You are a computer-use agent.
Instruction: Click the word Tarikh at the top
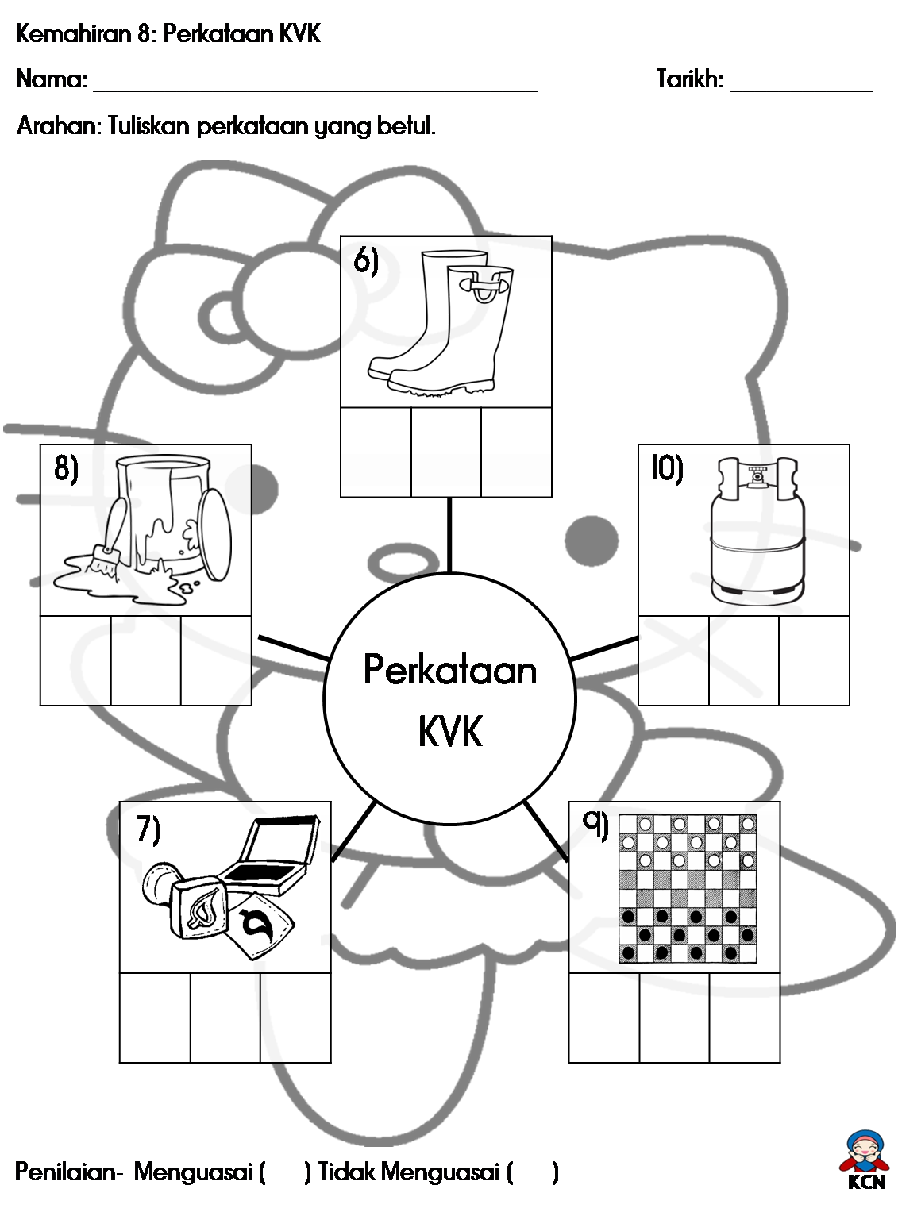click(x=689, y=79)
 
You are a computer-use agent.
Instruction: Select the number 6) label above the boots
click(x=366, y=260)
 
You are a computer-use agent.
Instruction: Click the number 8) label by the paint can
click(x=66, y=468)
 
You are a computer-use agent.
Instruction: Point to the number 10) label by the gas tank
click(x=667, y=468)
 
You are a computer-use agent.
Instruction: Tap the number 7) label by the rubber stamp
click(x=148, y=829)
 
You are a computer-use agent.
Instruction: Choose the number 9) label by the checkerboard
click(x=595, y=824)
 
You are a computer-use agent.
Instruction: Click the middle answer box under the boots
click(x=446, y=452)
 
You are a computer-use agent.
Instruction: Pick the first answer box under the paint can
click(x=75, y=660)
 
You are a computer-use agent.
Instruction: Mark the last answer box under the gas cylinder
click(x=815, y=660)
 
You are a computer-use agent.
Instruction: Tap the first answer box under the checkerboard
click(x=604, y=1018)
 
